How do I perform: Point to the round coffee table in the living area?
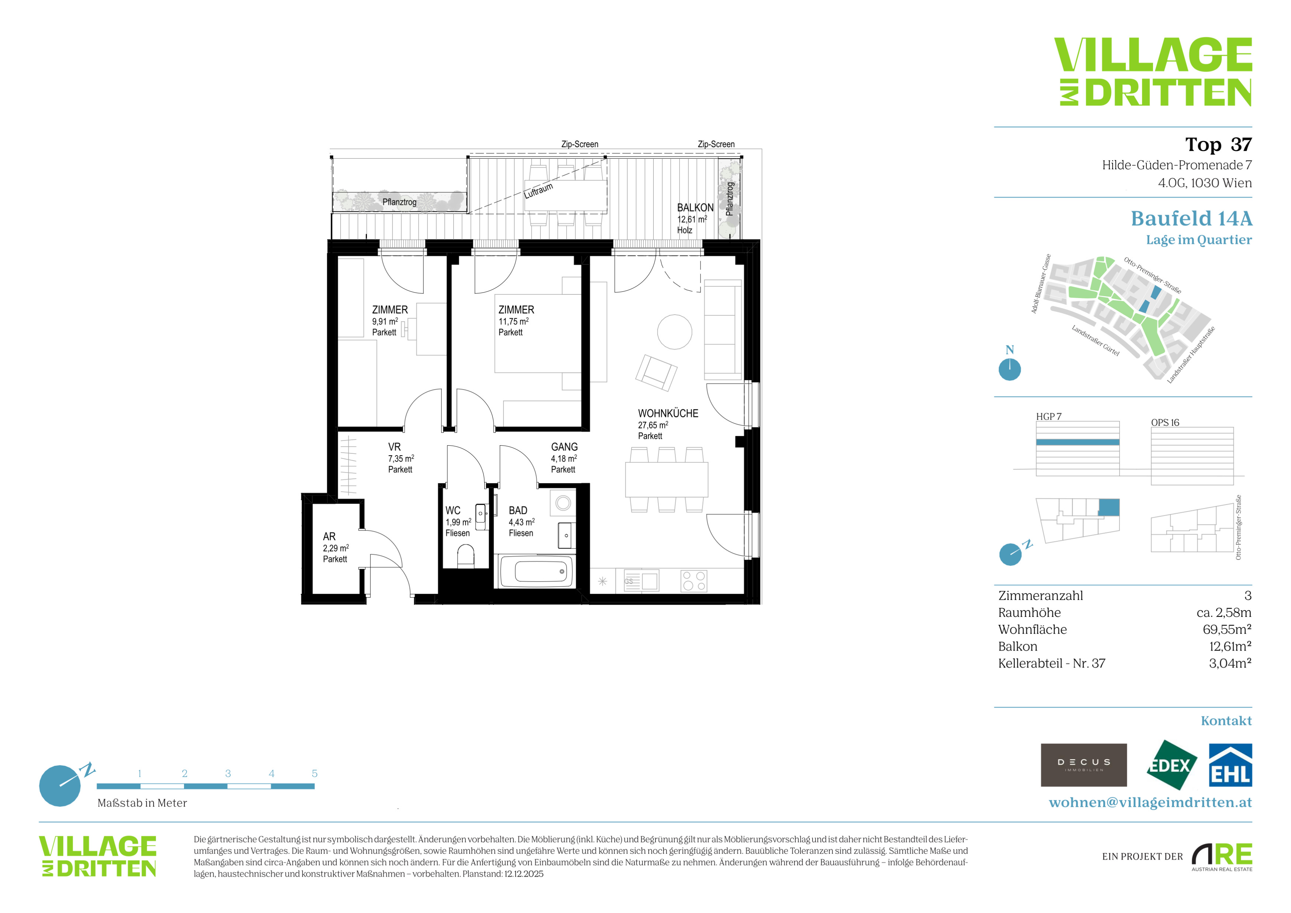674,332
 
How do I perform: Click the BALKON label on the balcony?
695,207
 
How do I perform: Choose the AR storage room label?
329,536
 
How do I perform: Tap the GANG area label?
564,447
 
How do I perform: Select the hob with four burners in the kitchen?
693,581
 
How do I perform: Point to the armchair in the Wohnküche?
656,373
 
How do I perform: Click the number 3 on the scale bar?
228,773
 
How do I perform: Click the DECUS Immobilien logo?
1084,765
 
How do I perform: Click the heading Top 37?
1218,145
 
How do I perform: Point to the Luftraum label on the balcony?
539,191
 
